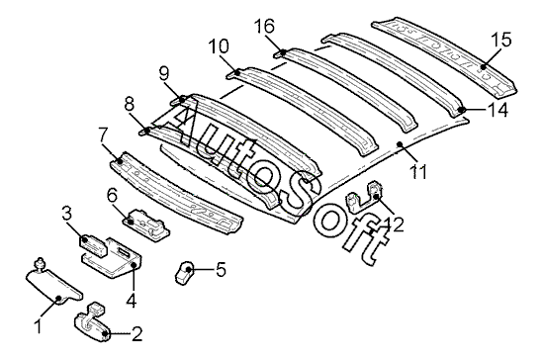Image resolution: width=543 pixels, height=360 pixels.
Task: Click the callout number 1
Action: (x=39, y=326)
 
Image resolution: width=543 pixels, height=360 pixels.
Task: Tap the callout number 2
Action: (x=136, y=333)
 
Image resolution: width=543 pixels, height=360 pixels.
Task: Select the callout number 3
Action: (x=67, y=214)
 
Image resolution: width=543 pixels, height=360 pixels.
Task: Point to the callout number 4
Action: (x=132, y=300)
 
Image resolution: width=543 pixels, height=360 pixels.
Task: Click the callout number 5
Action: (x=221, y=269)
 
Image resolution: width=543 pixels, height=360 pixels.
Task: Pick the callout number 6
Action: (x=112, y=197)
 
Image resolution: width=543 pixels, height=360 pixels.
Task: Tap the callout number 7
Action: (x=103, y=135)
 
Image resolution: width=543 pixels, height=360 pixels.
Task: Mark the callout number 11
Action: (x=418, y=172)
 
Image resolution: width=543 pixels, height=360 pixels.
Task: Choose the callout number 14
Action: (x=498, y=110)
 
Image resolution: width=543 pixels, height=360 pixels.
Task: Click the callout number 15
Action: (x=501, y=40)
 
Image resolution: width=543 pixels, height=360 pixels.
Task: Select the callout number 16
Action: (x=264, y=26)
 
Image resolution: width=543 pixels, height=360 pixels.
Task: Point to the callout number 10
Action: (x=219, y=46)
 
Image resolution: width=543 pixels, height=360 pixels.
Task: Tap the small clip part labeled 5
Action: (x=184, y=272)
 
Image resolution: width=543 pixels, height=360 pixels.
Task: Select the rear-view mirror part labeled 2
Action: (x=92, y=322)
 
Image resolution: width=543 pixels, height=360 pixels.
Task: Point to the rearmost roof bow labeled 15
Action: (x=445, y=56)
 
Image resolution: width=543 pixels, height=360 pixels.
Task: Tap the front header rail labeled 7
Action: (x=177, y=192)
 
